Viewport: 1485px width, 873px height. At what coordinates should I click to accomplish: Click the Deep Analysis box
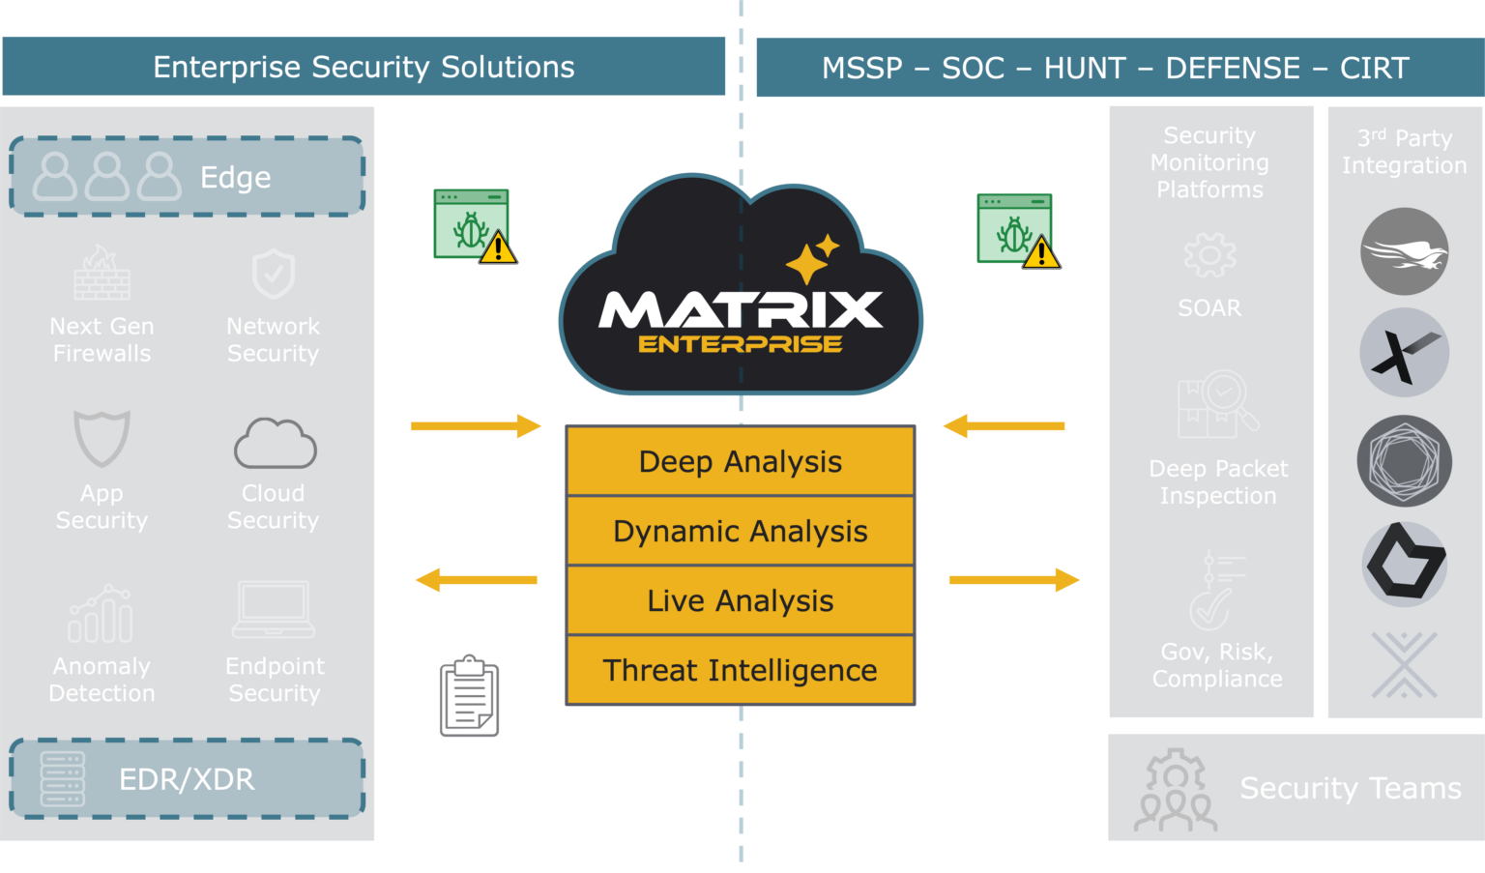pos(741,461)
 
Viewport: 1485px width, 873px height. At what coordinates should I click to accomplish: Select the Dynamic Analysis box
pos(741,531)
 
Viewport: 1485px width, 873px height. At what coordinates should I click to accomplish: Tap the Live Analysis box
pos(741,600)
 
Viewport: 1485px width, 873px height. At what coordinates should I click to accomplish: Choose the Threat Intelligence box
pos(741,670)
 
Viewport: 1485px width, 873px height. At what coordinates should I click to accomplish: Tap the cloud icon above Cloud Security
pos(275,444)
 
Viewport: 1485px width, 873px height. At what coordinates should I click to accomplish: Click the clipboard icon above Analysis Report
pos(469,697)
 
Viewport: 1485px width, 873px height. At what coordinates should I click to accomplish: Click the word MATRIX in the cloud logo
pos(741,310)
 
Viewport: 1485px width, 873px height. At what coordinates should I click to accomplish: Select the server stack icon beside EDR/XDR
pos(63,779)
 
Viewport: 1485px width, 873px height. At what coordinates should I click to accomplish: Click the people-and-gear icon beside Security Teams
pos(1175,790)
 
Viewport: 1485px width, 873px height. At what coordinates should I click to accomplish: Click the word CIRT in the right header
pos(1374,68)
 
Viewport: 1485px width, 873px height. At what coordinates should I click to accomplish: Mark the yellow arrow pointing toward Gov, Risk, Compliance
pos(1014,580)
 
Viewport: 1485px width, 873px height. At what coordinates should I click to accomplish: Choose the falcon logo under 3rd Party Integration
pos(1404,253)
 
